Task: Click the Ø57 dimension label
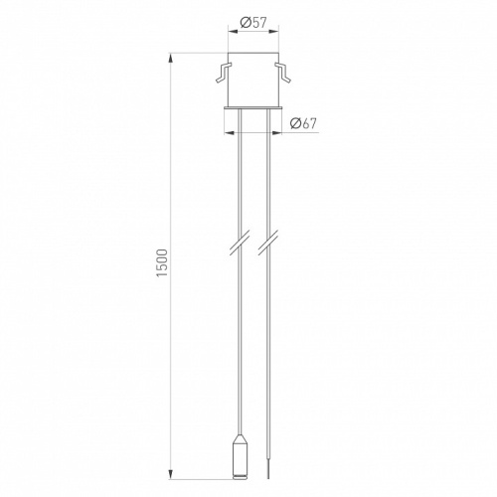[x=253, y=23]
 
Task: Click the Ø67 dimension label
[x=303, y=123]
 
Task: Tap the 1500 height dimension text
[x=163, y=263]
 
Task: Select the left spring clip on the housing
[x=223, y=72]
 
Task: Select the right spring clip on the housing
[x=282, y=72]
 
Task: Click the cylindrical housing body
[x=252, y=80]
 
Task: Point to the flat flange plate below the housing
[x=252, y=107]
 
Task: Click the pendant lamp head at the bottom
[x=241, y=459]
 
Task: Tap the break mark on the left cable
[x=240, y=245]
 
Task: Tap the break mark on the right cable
[x=268, y=245]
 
